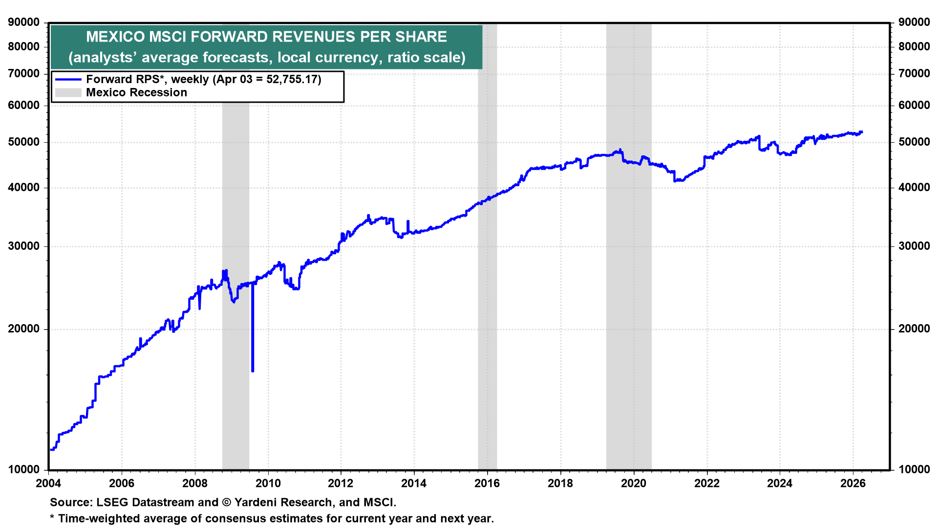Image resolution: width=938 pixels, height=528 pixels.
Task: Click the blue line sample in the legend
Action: tap(68, 79)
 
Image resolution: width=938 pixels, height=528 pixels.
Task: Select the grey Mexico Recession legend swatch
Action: tap(68, 92)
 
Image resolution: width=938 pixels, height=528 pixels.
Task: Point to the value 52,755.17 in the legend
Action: tap(292, 79)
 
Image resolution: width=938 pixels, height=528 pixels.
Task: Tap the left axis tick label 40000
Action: tap(24, 188)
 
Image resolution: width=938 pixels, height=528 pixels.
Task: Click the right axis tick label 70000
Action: tap(914, 73)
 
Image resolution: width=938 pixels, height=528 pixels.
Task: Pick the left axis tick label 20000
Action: tap(24, 329)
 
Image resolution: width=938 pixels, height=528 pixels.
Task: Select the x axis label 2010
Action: tap(268, 484)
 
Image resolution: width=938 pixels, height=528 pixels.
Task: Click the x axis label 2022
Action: tap(706, 484)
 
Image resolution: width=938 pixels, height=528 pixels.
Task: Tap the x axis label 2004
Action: tap(48, 484)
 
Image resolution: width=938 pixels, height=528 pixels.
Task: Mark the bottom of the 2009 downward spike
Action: tap(253, 371)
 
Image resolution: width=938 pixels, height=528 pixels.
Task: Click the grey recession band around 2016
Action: tap(487, 293)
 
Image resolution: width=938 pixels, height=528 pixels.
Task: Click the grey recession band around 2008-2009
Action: tap(235, 391)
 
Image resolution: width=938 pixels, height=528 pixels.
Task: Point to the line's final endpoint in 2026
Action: tap(862, 132)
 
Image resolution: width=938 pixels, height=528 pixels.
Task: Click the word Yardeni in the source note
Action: tap(255, 503)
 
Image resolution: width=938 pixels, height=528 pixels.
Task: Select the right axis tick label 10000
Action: tap(914, 469)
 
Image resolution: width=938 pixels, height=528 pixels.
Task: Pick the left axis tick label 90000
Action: tap(24, 22)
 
